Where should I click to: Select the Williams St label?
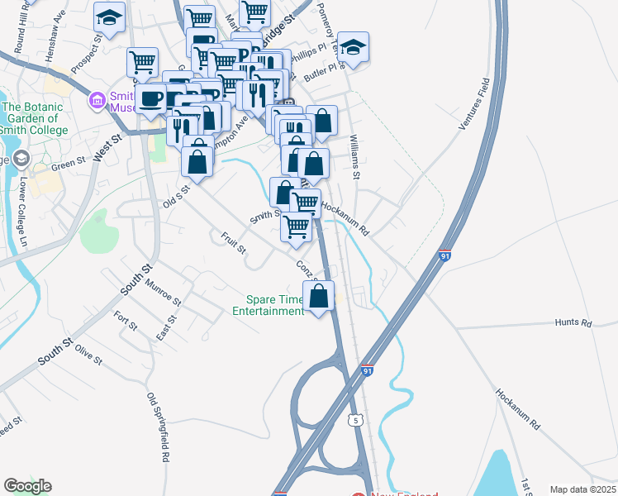355,157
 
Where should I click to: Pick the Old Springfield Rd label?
158,427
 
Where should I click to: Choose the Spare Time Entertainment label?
268,306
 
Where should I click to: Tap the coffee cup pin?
151,99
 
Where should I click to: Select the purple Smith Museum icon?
97,102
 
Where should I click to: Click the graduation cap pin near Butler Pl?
353,47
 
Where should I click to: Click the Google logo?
27,486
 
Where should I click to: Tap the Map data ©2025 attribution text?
582,489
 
